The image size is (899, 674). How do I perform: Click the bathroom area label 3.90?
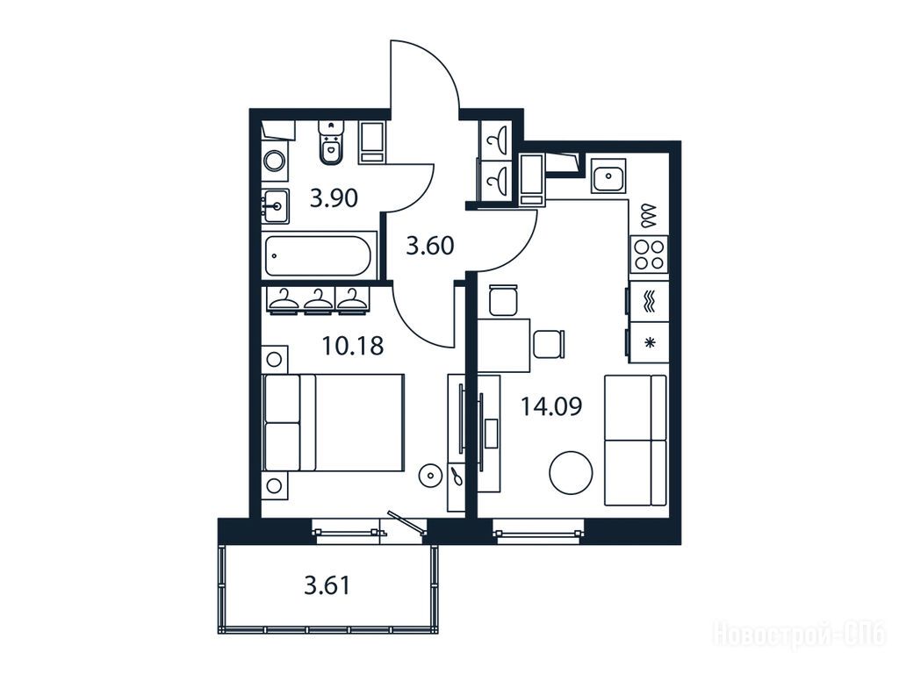click(x=334, y=198)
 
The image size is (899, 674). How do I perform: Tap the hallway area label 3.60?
click(x=430, y=246)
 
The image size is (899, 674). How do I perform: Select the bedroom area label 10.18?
click(x=353, y=346)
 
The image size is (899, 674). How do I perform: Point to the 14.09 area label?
click(x=551, y=406)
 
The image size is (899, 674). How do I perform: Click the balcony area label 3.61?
click(x=327, y=585)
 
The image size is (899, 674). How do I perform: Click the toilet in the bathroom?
click(x=330, y=142)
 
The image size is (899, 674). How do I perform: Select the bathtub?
click(x=319, y=255)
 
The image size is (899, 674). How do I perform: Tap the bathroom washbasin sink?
click(x=276, y=206)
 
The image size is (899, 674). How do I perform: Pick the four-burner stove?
click(x=650, y=255)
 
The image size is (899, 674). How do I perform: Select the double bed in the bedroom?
click(x=334, y=423)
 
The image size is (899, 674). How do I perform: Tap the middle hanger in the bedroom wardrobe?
click(x=319, y=301)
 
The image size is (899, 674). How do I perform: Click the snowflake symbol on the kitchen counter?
click(x=650, y=343)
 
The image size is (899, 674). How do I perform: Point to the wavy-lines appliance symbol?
click(x=650, y=302)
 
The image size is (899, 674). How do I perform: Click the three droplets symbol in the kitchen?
click(x=649, y=214)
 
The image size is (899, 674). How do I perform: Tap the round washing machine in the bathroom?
click(x=275, y=160)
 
